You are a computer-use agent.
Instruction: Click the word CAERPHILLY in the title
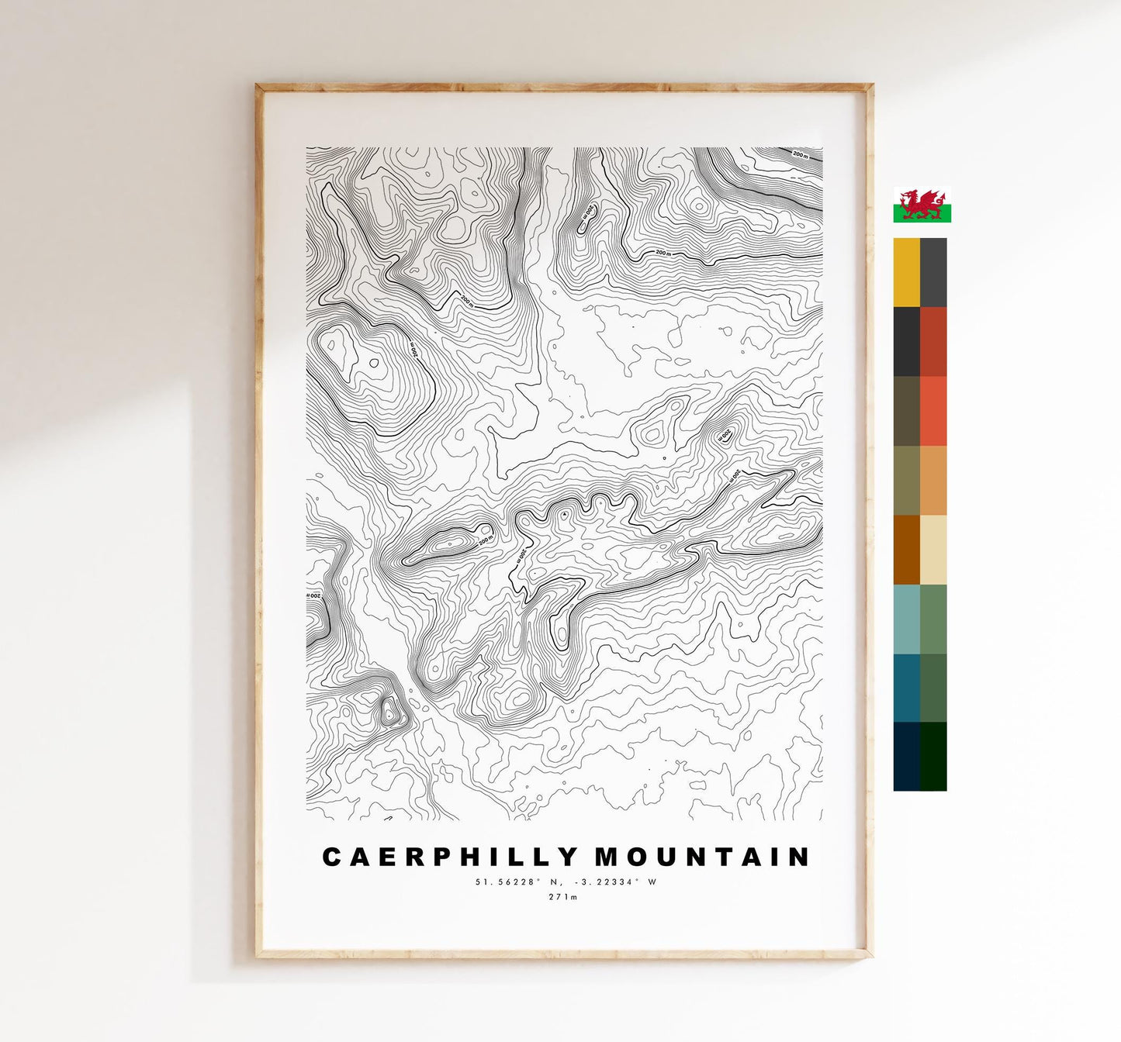click(x=450, y=857)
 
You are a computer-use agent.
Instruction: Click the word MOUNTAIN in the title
click(x=703, y=857)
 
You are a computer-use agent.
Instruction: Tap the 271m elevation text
click(x=564, y=897)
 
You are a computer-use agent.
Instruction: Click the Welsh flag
click(x=922, y=205)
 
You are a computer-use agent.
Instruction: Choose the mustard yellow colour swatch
click(x=906, y=272)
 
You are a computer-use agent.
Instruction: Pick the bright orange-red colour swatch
click(x=933, y=411)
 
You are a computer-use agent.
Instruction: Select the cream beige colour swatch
click(x=933, y=550)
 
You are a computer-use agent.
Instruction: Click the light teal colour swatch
click(x=906, y=619)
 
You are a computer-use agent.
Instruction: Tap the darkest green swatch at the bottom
click(x=933, y=757)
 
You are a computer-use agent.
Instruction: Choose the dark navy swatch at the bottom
click(x=906, y=757)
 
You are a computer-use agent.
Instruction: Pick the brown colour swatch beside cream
click(x=906, y=550)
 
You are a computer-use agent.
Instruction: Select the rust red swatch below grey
click(x=933, y=341)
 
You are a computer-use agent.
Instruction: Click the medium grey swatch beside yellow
click(x=933, y=272)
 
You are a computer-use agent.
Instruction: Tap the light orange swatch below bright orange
click(x=933, y=480)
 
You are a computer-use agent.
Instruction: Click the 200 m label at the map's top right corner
click(x=800, y=155)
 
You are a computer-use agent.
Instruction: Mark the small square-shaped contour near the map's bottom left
click(x=389, y=711)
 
